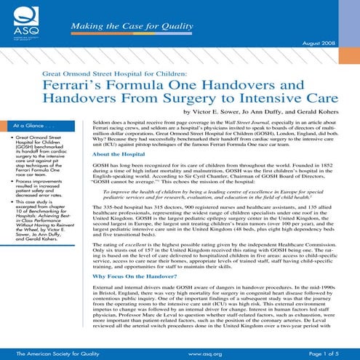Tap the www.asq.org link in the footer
pyautogui.click(x=204, y=353)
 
